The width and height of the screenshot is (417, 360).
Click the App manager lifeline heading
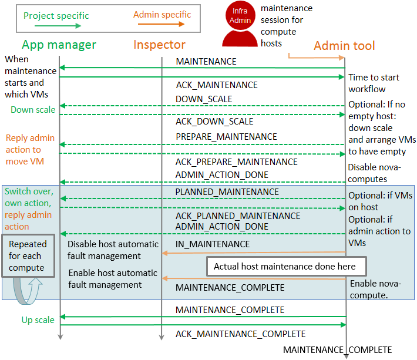[59, 45]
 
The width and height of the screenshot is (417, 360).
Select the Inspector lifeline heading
[159, 45]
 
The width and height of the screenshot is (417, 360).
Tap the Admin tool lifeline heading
[344, 46]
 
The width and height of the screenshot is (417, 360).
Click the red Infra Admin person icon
[240, 25]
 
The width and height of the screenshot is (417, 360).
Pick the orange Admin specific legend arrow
[159, 25]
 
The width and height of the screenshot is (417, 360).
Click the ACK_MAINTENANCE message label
[217, 85]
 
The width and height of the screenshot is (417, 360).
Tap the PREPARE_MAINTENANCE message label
[226, 136]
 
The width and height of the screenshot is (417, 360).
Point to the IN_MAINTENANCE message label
[213, 244]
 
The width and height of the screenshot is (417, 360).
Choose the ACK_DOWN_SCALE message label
[214, 122]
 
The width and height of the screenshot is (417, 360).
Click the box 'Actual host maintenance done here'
[285, 266]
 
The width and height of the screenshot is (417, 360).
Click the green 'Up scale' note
[38, 320]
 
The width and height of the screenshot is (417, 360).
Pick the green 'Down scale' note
[33, 110]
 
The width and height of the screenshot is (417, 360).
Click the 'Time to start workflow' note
[374, 83]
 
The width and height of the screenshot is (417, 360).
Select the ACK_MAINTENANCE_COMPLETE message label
[240, 334]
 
